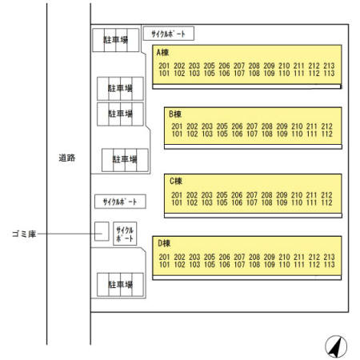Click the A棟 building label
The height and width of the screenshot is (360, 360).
point(162,53)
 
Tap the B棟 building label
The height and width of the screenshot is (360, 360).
point(175,114)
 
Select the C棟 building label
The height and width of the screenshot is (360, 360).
point(176,182)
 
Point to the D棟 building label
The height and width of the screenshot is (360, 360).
point(164,243)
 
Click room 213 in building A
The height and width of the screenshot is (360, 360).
point(329,66)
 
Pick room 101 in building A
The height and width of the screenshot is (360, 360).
point(164,74)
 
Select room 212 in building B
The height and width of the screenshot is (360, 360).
point(326,126)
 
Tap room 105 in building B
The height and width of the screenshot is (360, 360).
point(222,134)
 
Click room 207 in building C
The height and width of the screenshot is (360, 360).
point(251,195)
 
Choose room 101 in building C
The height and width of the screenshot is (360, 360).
point(177,202)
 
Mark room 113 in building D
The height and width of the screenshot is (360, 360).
point(329,265)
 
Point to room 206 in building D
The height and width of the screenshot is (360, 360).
point(224,257)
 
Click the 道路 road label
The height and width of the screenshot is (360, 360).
point(67,158)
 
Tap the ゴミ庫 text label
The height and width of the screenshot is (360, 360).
point(24,234)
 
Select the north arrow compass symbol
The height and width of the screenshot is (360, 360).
point(336,346)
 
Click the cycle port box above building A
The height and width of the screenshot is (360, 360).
point(169,34)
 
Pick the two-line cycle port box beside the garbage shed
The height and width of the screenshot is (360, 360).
point(125,234)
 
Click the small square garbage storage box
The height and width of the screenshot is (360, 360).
point(102,231)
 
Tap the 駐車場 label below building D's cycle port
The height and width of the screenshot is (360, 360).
point(120,285)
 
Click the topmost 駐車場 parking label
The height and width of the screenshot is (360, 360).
point(116,40)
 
